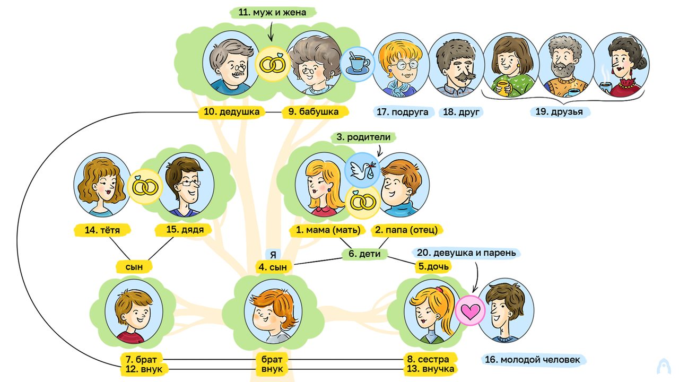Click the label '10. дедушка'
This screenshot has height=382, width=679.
pyautogui.click(x=232, y=112)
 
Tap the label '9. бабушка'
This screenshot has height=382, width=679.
pyautogui.click(x=314, y=112)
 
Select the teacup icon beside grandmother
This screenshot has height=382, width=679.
pyautogui.click(x=357, y=64)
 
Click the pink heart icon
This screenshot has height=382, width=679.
pyautogui.click(x=470, y=311)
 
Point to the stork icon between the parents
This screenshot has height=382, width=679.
pyautogui.click(x=362, y=170)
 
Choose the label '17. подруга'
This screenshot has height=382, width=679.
pyautogui.click(x=403, y=112)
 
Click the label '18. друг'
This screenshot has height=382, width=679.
pyautogui.click(x=461, y=112)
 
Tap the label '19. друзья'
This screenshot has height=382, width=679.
pyautogui.click(x=559, y=111)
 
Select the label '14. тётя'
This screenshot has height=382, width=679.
pyautogui.click(x=102, y=230)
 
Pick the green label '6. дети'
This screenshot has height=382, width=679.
pyautogui.click(x=364, y=254)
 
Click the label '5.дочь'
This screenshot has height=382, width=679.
pyautogui.click(x=433, y=266)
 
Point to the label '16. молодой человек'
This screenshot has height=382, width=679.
pyautogui.click(x=533, y=360)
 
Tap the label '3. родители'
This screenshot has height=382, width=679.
pyautogui.click(x=363, y=137)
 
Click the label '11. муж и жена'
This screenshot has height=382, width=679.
pyautogui.click(x=272, y=12)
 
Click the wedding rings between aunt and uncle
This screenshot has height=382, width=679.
pyautogui.click(x=145, y=186)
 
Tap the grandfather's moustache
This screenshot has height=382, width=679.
pyautogui.click(x=239, y=74)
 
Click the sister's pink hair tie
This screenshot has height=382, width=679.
pyautogui.click(x=439, y=290)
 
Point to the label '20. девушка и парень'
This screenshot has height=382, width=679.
pyautogui.click(x=466, y=253)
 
